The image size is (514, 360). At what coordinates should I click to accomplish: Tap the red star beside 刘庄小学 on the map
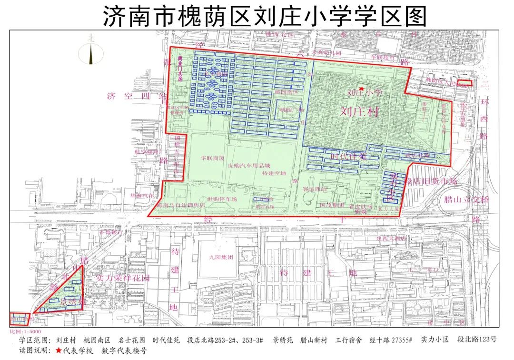(362, 89)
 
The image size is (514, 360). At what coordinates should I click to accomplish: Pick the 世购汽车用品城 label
(249, 166)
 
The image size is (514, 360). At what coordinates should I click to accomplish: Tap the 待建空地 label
(274, 173)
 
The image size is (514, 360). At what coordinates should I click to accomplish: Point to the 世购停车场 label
(222, 199)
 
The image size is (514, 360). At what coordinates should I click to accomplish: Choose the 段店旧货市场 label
(431, 181)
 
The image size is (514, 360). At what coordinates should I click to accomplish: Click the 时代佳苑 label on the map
(348, 156)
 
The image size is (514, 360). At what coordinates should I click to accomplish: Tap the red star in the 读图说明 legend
(59, 351)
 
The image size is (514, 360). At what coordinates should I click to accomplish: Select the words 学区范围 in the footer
(33, 340)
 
